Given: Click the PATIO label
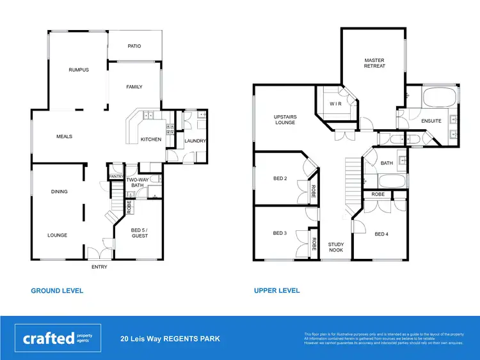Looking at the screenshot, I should (x=134, y=46).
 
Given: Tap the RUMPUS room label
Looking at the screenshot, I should (x=79, y=70).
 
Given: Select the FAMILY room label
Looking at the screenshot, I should (x=134, y=87).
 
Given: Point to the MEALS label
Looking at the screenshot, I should (x=64, y=136).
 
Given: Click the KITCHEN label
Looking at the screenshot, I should (x=151, y=139).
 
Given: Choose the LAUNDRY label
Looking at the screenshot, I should (x=194, y=141).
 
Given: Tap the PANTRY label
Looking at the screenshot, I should (x=116, y=176).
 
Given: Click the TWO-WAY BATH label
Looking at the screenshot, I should (x=137, y=182).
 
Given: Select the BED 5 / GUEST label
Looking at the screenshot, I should (x=140, y=232).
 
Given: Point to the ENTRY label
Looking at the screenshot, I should (x=99, y=267).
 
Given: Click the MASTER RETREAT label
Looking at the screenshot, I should (x=374, y=63).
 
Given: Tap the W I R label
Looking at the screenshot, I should (x=335, y=103).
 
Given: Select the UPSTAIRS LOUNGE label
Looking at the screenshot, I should (x=285, y=120).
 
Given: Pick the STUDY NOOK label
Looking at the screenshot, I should (x=336, y=247).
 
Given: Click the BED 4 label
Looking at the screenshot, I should (x=381, y=234).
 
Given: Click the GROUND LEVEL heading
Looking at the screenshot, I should (x=57, y=290).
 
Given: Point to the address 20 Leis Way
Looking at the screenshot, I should (x=170, y=339).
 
